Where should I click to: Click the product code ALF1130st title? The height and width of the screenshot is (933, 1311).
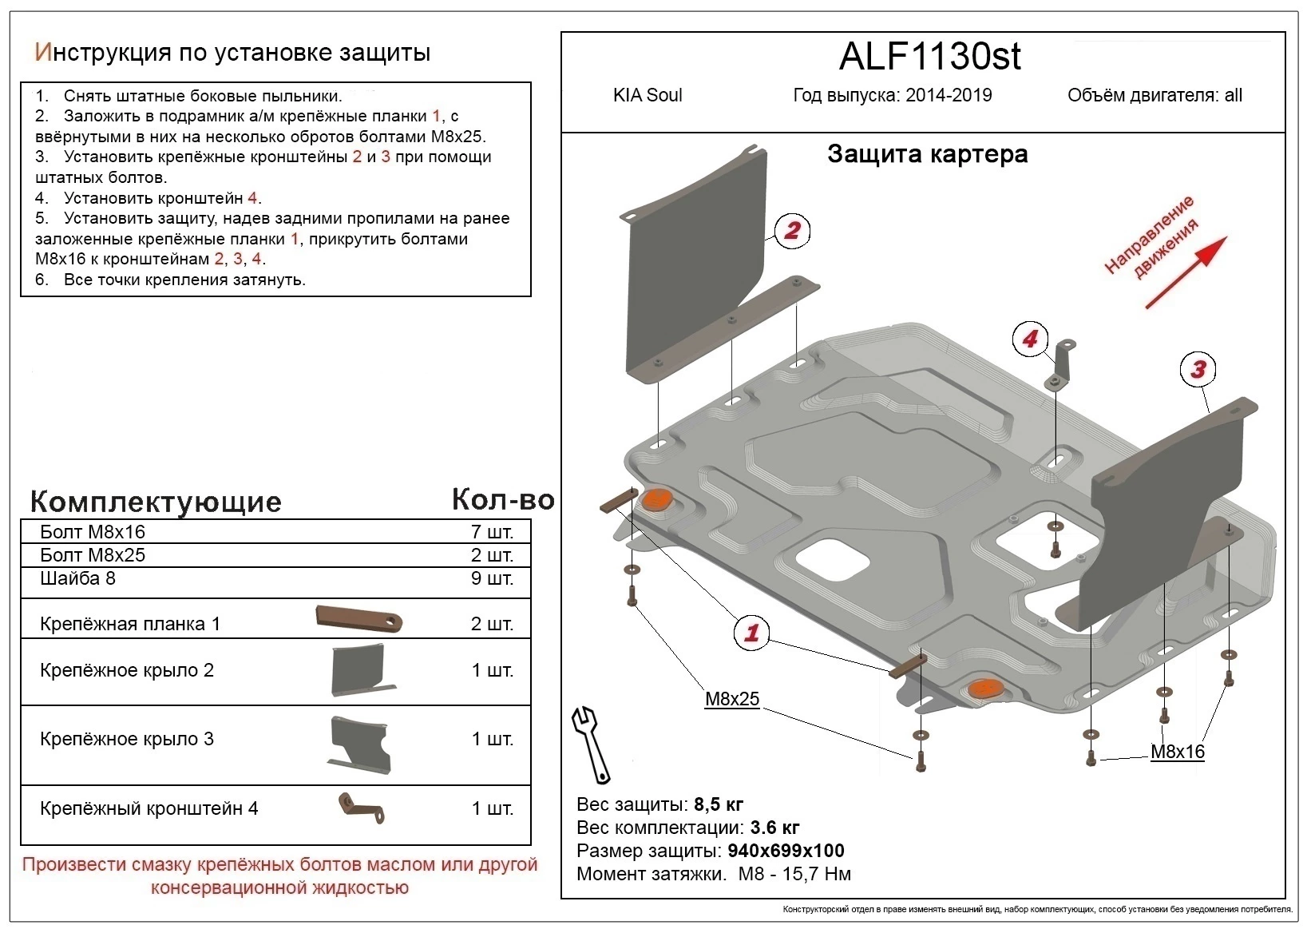coord(930,56)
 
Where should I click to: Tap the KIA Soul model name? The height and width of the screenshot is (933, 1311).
coord(648,95)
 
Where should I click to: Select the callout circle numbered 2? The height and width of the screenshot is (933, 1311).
coord(791,231)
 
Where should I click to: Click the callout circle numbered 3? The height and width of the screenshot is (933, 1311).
coord(1198,369)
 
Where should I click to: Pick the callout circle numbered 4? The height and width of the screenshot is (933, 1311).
coord(1030,339)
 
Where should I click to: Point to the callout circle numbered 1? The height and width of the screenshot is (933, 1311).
coord(751,633)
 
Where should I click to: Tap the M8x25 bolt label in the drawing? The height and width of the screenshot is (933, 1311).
coord(731,700)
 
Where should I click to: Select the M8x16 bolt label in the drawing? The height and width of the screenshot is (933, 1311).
coord(1177,752)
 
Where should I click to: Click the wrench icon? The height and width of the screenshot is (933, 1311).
coord(592,743)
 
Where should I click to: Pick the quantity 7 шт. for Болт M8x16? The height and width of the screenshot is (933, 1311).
coord(491,532)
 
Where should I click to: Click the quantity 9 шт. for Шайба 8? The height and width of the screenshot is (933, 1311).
coord(491,578)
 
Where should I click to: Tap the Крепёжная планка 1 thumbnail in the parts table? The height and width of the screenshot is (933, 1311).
coord(359,619)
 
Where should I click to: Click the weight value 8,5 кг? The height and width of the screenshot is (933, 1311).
coord(719,804)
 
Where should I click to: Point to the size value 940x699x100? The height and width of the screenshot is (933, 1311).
coord(786,851)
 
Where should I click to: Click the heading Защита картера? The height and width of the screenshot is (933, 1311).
coord(927,154)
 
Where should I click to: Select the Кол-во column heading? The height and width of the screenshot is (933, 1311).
coord(502,499)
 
